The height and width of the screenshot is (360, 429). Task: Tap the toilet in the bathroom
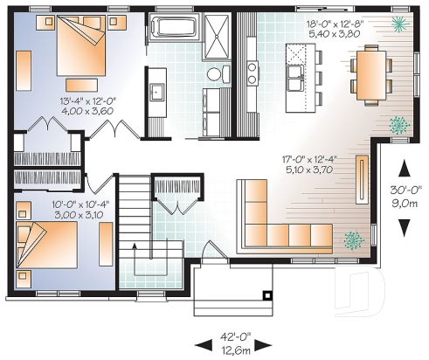(212, 74)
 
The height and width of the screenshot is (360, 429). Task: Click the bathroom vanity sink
(158, 90)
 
